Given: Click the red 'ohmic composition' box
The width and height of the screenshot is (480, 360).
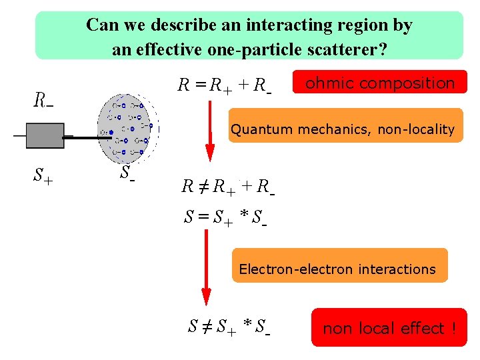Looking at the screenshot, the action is pyautogui.click(x=379, y=84).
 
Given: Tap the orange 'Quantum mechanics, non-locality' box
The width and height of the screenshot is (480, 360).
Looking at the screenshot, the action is pyautogui.click(x=342, y=129).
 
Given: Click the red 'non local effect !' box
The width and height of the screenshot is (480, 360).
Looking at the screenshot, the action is pyautogui.click(x=389, y=328).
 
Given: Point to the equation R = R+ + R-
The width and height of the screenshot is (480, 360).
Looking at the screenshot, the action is pyautogui.click(x=223, y=85).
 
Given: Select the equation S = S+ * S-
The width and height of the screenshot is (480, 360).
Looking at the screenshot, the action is pyautogui.click(x=225, y=217).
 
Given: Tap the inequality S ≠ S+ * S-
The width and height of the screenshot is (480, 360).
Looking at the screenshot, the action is pyautogui.click(x=229, y=327).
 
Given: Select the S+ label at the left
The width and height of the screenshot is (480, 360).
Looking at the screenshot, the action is pyautogui.click(x=44, y=175).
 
